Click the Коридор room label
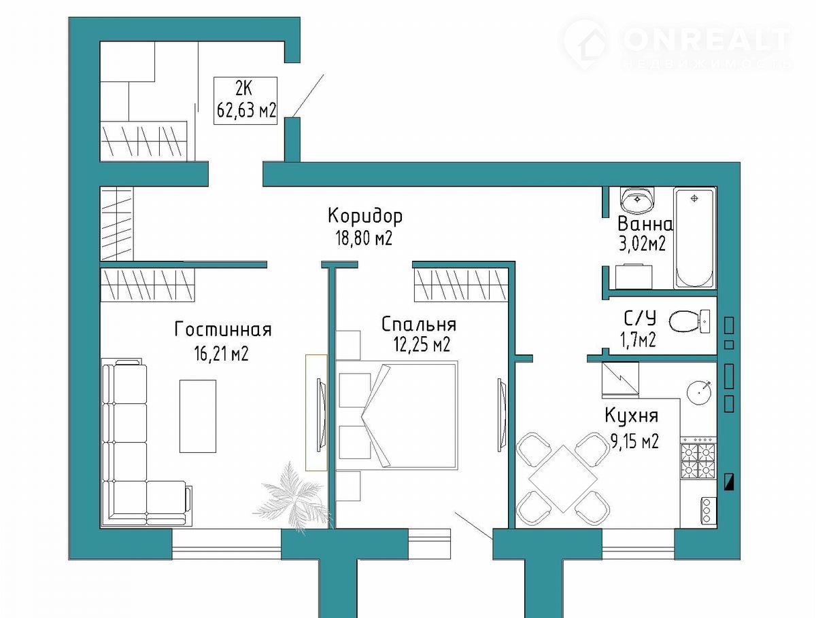click(x=365, y=216)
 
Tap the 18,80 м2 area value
click(x=364, y=238)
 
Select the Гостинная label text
click(x=223, y=329)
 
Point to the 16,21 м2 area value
click(x=221, y=353)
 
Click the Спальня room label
click(x=419, y=324)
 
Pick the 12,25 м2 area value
click(x=422, y=344)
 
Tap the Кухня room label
click(x=631, y=416)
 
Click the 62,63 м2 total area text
click(x=246, y=110)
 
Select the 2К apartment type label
click(x=243, y=89)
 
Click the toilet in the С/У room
click(x=690, y=321)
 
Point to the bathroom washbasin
click(x=637, y=199)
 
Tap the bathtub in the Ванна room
click(x=694, y=238)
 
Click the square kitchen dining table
click(x=563, y=478)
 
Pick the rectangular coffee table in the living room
click(x=198, y=416)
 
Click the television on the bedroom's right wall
click(x=502, y=415)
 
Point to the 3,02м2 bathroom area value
click(x=642, y=244)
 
